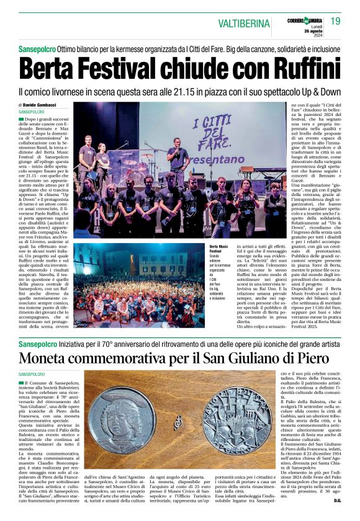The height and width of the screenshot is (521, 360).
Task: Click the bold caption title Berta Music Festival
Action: tap(218, 250)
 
